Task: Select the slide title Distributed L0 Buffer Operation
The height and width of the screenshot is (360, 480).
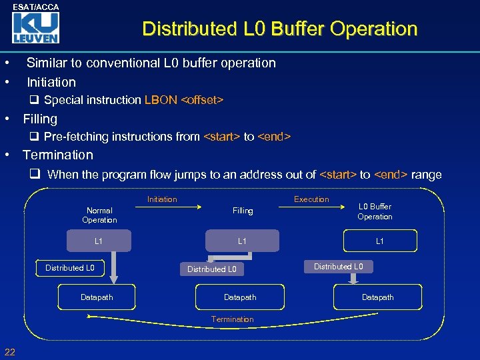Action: point(279,29)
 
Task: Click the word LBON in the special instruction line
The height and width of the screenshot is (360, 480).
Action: point(161,100)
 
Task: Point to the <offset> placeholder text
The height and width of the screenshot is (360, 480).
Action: point(202,100)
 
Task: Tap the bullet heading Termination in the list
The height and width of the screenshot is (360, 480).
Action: point(58,155)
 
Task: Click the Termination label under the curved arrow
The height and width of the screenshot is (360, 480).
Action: point(232,319)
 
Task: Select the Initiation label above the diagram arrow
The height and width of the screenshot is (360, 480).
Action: point(162,199)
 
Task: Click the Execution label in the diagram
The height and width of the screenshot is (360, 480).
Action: point(311,199)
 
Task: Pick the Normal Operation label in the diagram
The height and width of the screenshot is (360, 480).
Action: point(99,215)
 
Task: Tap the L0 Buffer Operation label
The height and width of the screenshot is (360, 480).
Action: point(375,211)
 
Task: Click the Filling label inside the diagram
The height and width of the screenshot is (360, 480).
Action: point(243,211)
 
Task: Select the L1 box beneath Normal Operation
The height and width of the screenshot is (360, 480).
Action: point(99,241)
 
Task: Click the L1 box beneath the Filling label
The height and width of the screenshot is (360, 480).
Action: point(242,241)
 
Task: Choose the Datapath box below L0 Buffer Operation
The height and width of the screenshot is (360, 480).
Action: point(377,297)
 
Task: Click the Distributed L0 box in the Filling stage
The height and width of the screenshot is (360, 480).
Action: point(211,269)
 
